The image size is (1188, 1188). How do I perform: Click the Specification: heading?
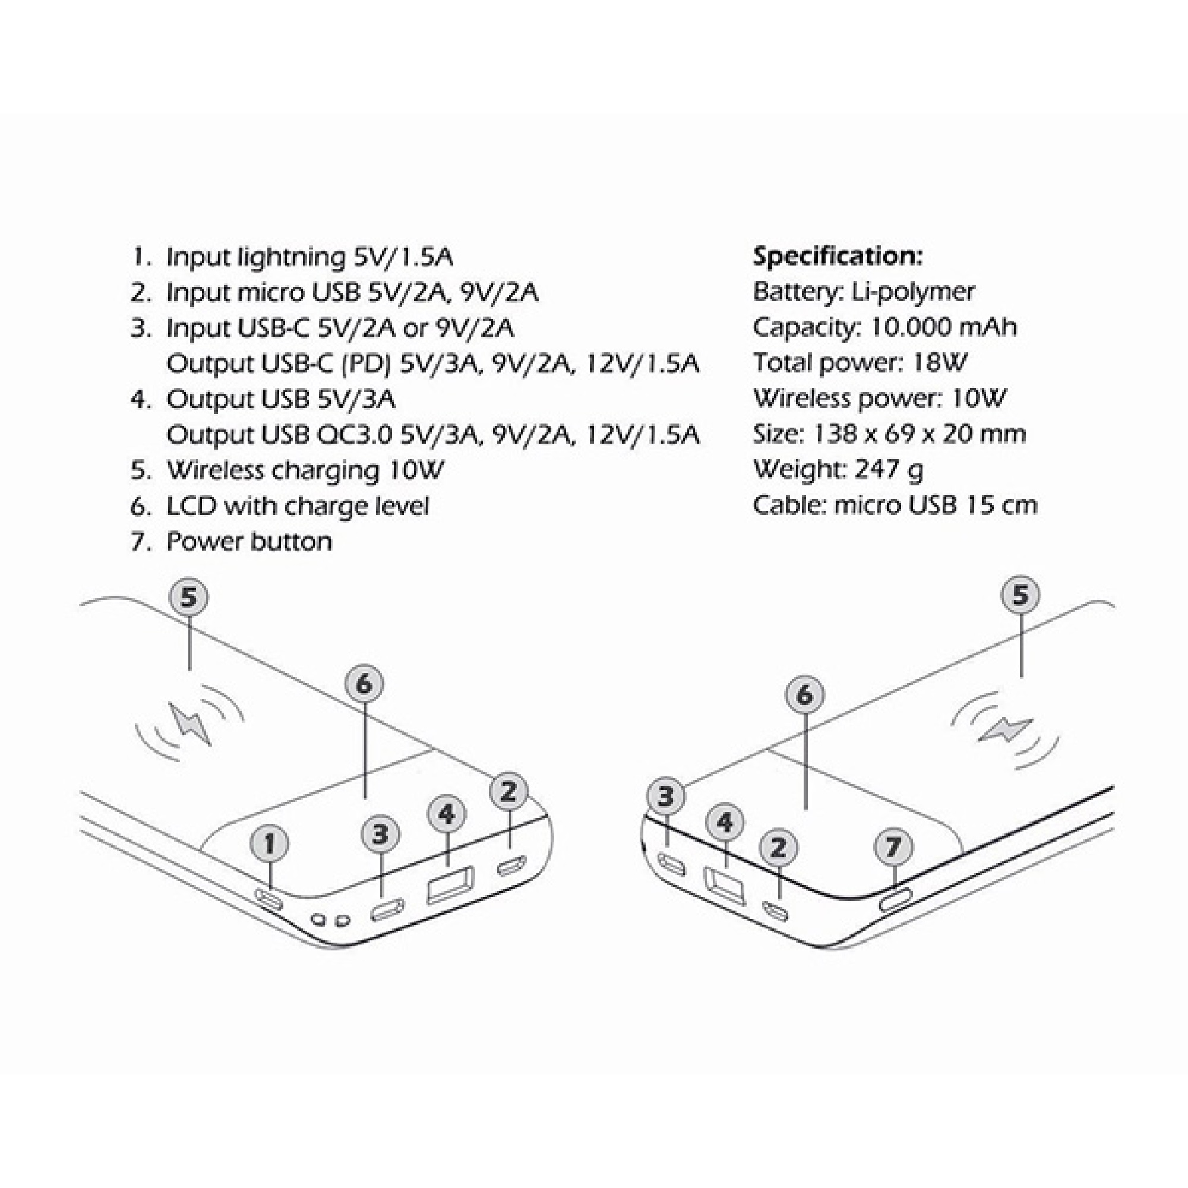[838, 256]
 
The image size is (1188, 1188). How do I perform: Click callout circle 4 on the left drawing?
[447, 814]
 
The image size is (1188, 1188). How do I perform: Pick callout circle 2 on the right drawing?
[779, 848]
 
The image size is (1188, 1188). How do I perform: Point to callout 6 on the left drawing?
[364, 684]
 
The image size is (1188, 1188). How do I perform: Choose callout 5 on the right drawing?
[1020, 595]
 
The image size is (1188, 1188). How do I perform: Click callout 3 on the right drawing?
[666, 797]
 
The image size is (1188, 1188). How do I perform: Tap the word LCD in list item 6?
[191, 506]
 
